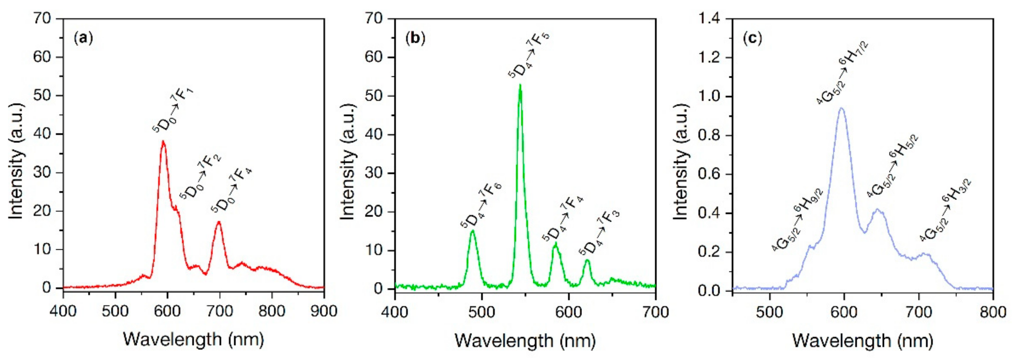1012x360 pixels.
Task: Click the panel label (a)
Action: coord(83,38)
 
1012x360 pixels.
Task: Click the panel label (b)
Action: coord(415,38)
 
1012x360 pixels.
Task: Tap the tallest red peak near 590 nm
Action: coord(163,142)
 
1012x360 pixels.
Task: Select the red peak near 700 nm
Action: coord(219,222)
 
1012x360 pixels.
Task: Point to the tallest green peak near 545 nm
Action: coord(520,85)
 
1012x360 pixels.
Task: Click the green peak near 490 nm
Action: coord(473,231)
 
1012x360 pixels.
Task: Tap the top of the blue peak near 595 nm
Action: coord(842,108)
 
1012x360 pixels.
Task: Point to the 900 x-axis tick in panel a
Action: coord(324,311)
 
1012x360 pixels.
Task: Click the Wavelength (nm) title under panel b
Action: coord(525,340)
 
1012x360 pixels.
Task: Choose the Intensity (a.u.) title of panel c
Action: coord(681,162)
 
